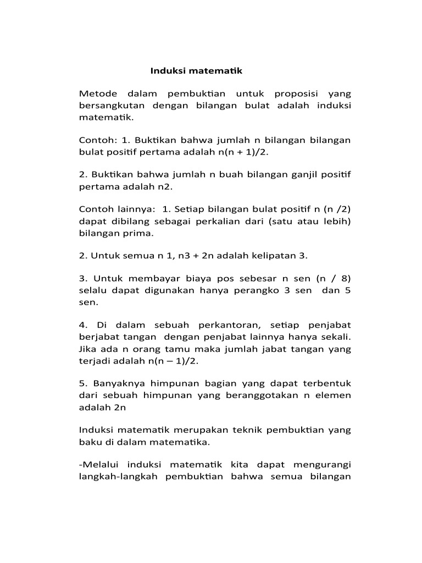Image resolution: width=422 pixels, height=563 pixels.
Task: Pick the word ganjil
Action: click(291, 174)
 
